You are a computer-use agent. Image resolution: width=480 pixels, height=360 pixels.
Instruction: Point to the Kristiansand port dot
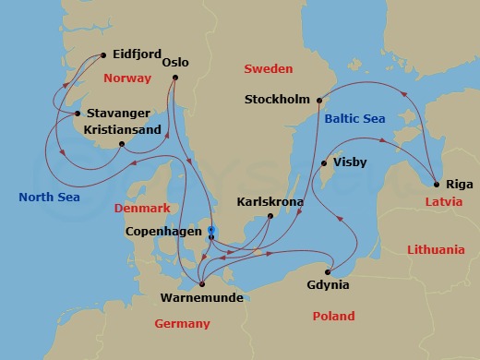click(122, 144)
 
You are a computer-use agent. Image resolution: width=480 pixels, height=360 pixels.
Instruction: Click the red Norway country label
click(126, 78)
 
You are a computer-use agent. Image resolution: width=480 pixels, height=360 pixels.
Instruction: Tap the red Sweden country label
click(268, 69)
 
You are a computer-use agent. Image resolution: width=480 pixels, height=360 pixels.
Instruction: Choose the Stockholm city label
click(278, 100)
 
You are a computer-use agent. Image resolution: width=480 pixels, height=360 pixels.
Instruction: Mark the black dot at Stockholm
click(318, 100)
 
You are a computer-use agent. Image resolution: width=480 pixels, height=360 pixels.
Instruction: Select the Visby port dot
click(323, 164)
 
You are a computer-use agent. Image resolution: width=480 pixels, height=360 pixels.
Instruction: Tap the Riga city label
click(458, 184)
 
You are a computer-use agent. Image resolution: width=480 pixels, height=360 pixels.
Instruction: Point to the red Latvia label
click(444, 201)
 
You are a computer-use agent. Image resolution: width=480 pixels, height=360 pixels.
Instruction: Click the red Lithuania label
click(435, 249)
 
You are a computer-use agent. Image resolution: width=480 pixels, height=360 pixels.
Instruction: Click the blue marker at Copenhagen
click(211, 230)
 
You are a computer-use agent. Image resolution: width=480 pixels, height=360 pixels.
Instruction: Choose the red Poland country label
click(333, 316)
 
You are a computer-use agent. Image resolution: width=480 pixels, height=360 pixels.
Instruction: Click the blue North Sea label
click(49, 197)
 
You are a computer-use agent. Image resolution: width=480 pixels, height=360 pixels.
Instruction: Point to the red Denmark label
click(143, 209)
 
